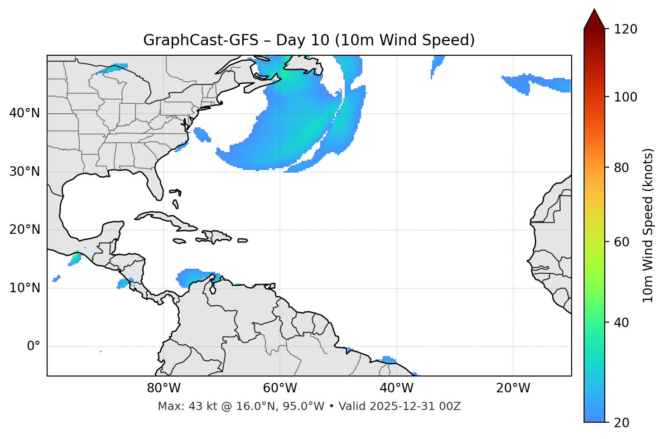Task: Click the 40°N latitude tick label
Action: point(24,113)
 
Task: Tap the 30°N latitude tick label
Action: point(24,172)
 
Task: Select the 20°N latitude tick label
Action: point(24,230)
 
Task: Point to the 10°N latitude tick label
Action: point(24,288)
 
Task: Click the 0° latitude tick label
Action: point(34,347)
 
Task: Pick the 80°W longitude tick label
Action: point(164,388)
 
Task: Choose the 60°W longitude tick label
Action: point(280,388)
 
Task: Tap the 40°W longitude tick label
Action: point(396,388)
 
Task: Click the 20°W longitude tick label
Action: point(513,388)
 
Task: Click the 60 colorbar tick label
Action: point(621,242)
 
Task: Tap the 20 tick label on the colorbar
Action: point(621,422)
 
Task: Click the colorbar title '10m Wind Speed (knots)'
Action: point(648,226)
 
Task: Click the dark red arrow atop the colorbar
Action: point(594,19)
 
